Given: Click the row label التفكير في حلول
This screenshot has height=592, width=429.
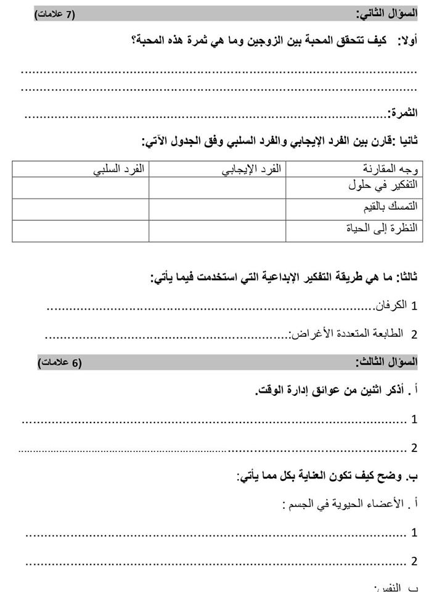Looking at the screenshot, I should pyautogui.click(x=382, y=184).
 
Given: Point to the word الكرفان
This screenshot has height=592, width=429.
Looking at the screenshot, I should pyautogui.click(x=391, y=305).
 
